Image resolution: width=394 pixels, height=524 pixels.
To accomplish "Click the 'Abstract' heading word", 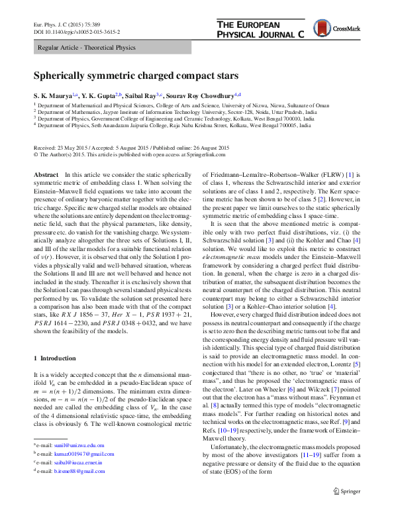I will pos(46,174).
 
